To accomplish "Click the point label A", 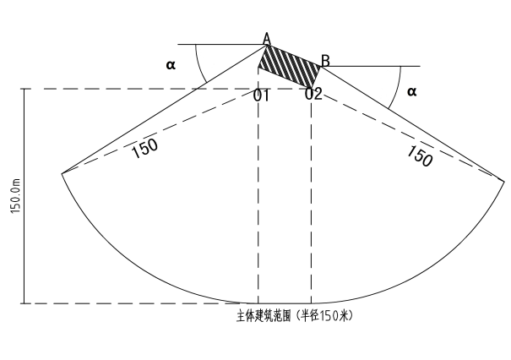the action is pyautogui.click(x=267, y=39).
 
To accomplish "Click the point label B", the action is pyautogui.click(x=325, y=61).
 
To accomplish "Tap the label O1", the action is pyautogui.click(x=262, y=95).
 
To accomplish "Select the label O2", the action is pyautogui.click(x=313, y=94).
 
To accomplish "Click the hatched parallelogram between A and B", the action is pyautogui.click(x=290, y=66).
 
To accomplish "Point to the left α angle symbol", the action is pyautogui.click(x=171, y=65).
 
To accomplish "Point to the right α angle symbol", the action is pyautogui.click(x=412, y=91).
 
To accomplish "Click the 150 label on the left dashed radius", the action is pyautogui.click(x=145, y=149).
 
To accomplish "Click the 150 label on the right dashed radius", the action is pyautogui.click(x=420, y=155).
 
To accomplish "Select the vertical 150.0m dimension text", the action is pyautogui.click(x=16, y=196).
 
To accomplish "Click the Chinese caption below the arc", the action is pyautogui.click(x=295, y=316).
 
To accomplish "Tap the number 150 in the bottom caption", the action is pyautogui.click(x=329, y=316).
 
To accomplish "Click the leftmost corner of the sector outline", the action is pyautogui.click(x=62, y=173).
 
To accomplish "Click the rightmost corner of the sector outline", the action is pyautogui.click(x=504, y=179).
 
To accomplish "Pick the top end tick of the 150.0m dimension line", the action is pyautogui.click(x=24, y=89).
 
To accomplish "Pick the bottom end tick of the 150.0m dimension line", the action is pyautogui.click(x=24, y=303).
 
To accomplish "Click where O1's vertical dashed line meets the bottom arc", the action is pyautogui.click(x=258, y=303).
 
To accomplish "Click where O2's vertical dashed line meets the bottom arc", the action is pyautogui.click(x=311, y=303).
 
